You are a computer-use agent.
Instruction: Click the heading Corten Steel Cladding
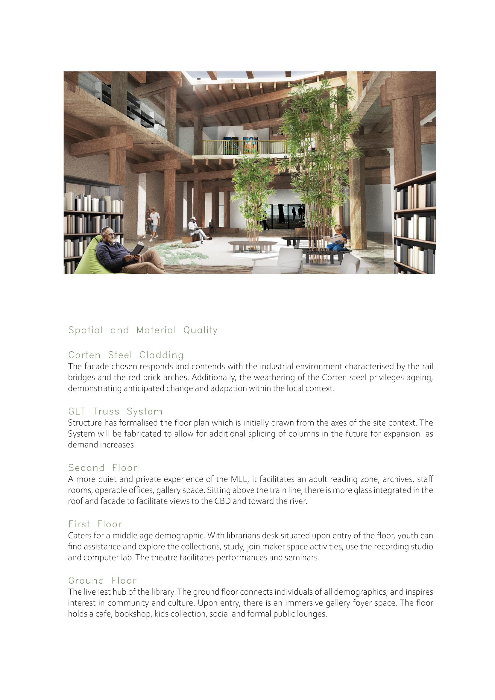(x=126, y=355)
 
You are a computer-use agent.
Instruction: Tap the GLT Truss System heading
(x=115, y=411)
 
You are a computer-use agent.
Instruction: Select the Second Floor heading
(x=103, y=468)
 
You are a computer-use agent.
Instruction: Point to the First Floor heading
(x=95, y=524)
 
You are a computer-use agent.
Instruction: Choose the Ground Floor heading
(x=102, y=580)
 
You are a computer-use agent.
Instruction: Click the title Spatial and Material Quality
(x=143, y=330)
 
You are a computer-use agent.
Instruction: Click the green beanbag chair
(x=88, y=259)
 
